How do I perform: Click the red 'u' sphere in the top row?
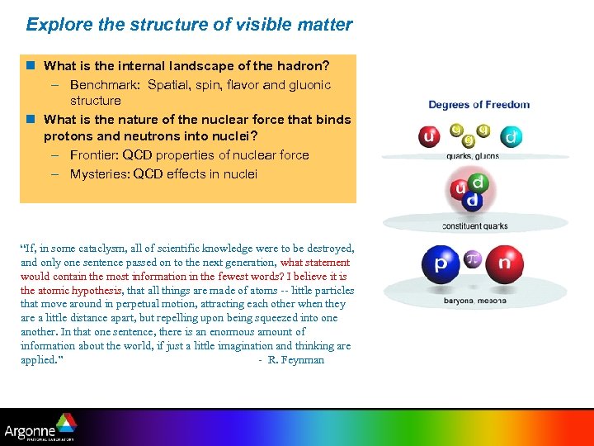(x=428, y=136)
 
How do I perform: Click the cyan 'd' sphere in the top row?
(x=511, y=137)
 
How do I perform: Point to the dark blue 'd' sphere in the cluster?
(x=472, y=201)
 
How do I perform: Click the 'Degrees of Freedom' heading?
(x=478, y=105)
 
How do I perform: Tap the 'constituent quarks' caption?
(x=474, y=226)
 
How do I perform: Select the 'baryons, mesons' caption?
(x=474, y=301)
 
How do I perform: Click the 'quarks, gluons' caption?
(x=472, y=155)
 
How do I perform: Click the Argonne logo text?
(x=30, y=431)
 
